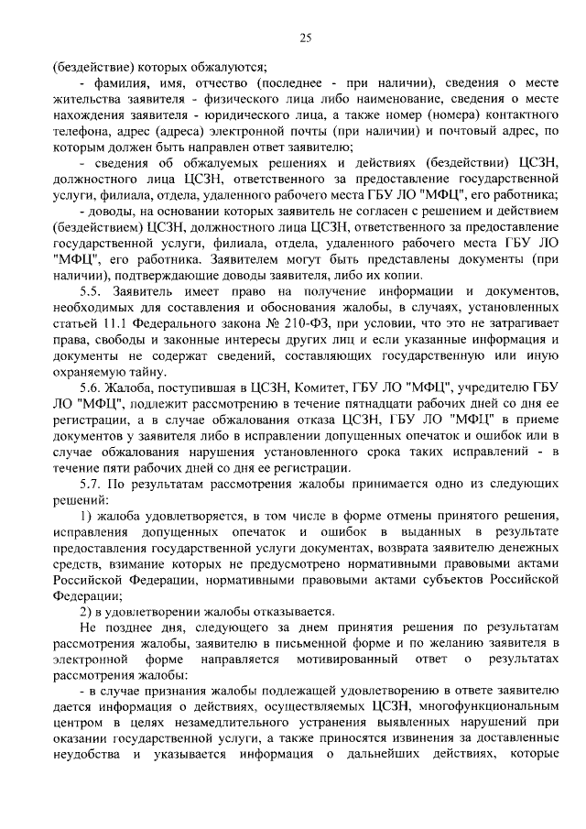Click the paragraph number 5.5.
pyautogui.click(x=91, y=290)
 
